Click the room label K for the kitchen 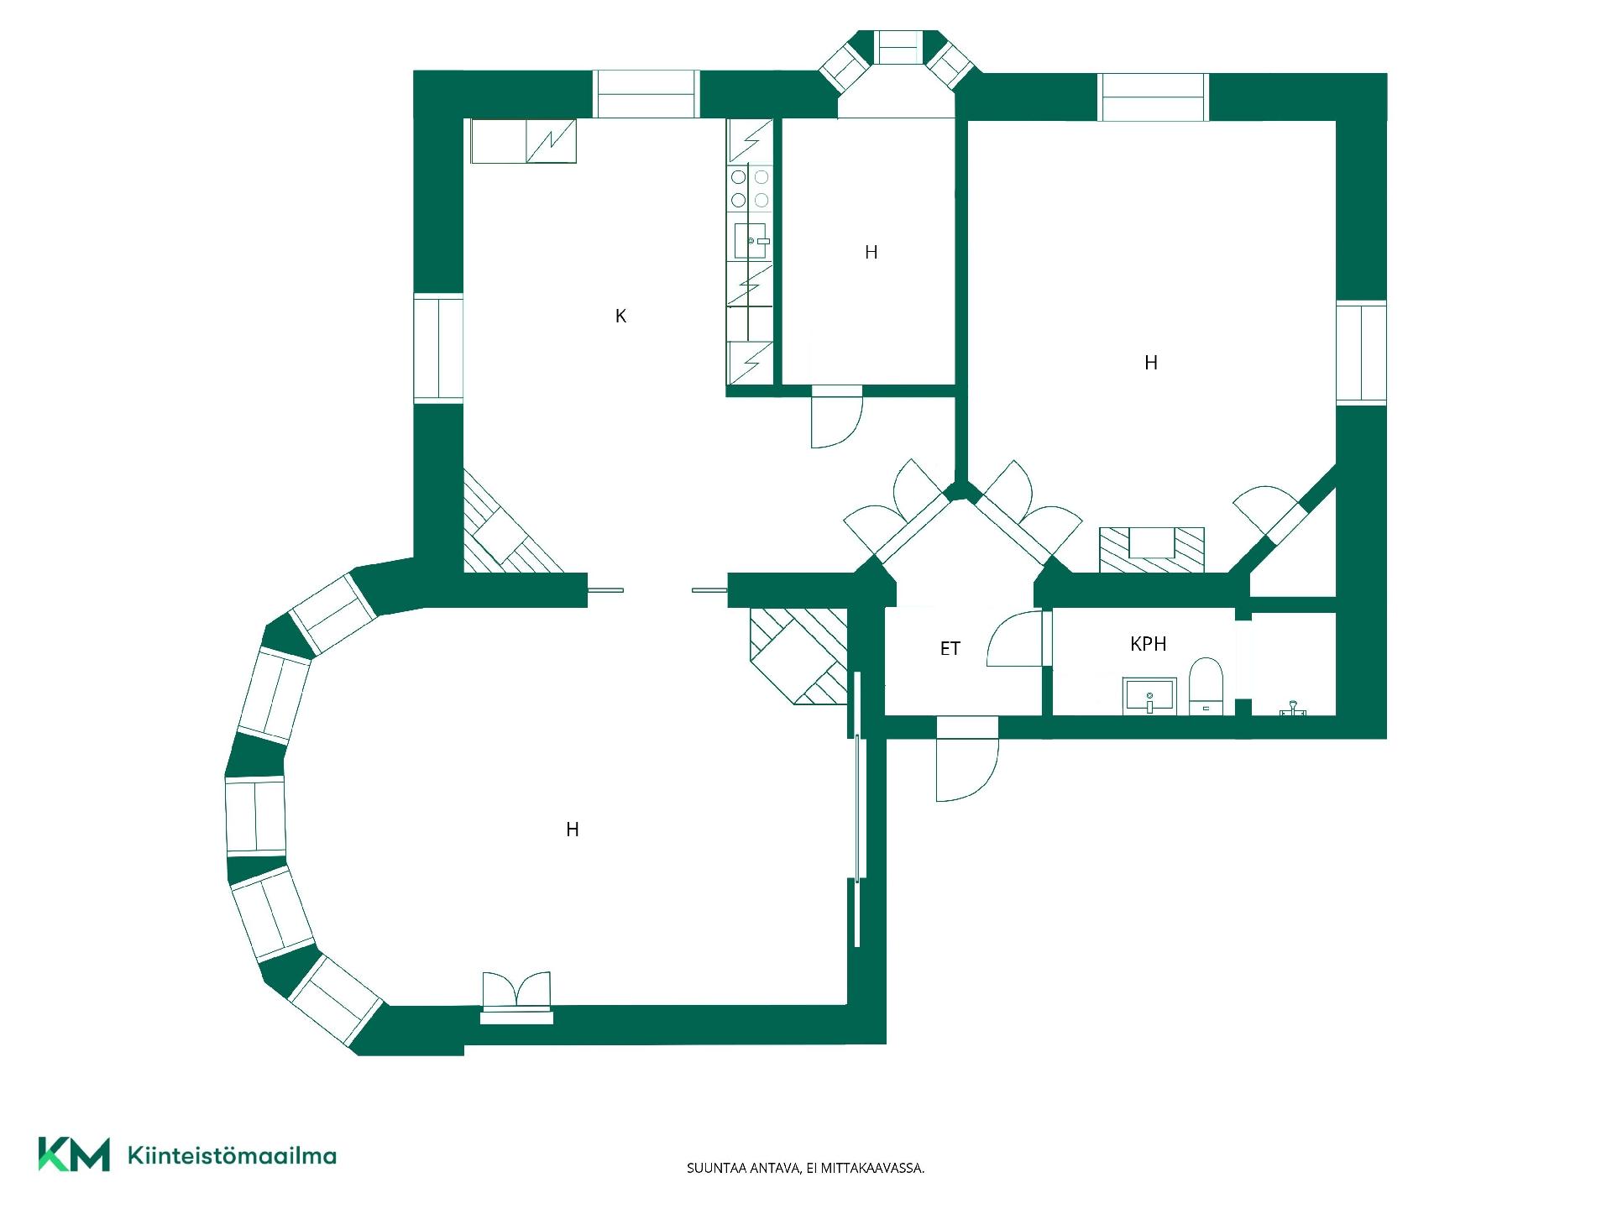620,317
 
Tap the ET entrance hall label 950,648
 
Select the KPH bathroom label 1148,644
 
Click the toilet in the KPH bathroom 1206,686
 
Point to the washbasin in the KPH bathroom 1149,696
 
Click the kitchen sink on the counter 751,240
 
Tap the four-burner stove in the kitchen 750,188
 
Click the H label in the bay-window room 573,830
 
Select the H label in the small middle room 871,252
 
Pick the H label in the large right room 1151,363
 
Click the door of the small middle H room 837,416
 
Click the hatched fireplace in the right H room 1152,550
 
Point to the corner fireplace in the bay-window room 798,655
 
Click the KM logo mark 74,1154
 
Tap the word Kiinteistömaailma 232,1155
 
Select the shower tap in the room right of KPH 1293,709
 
